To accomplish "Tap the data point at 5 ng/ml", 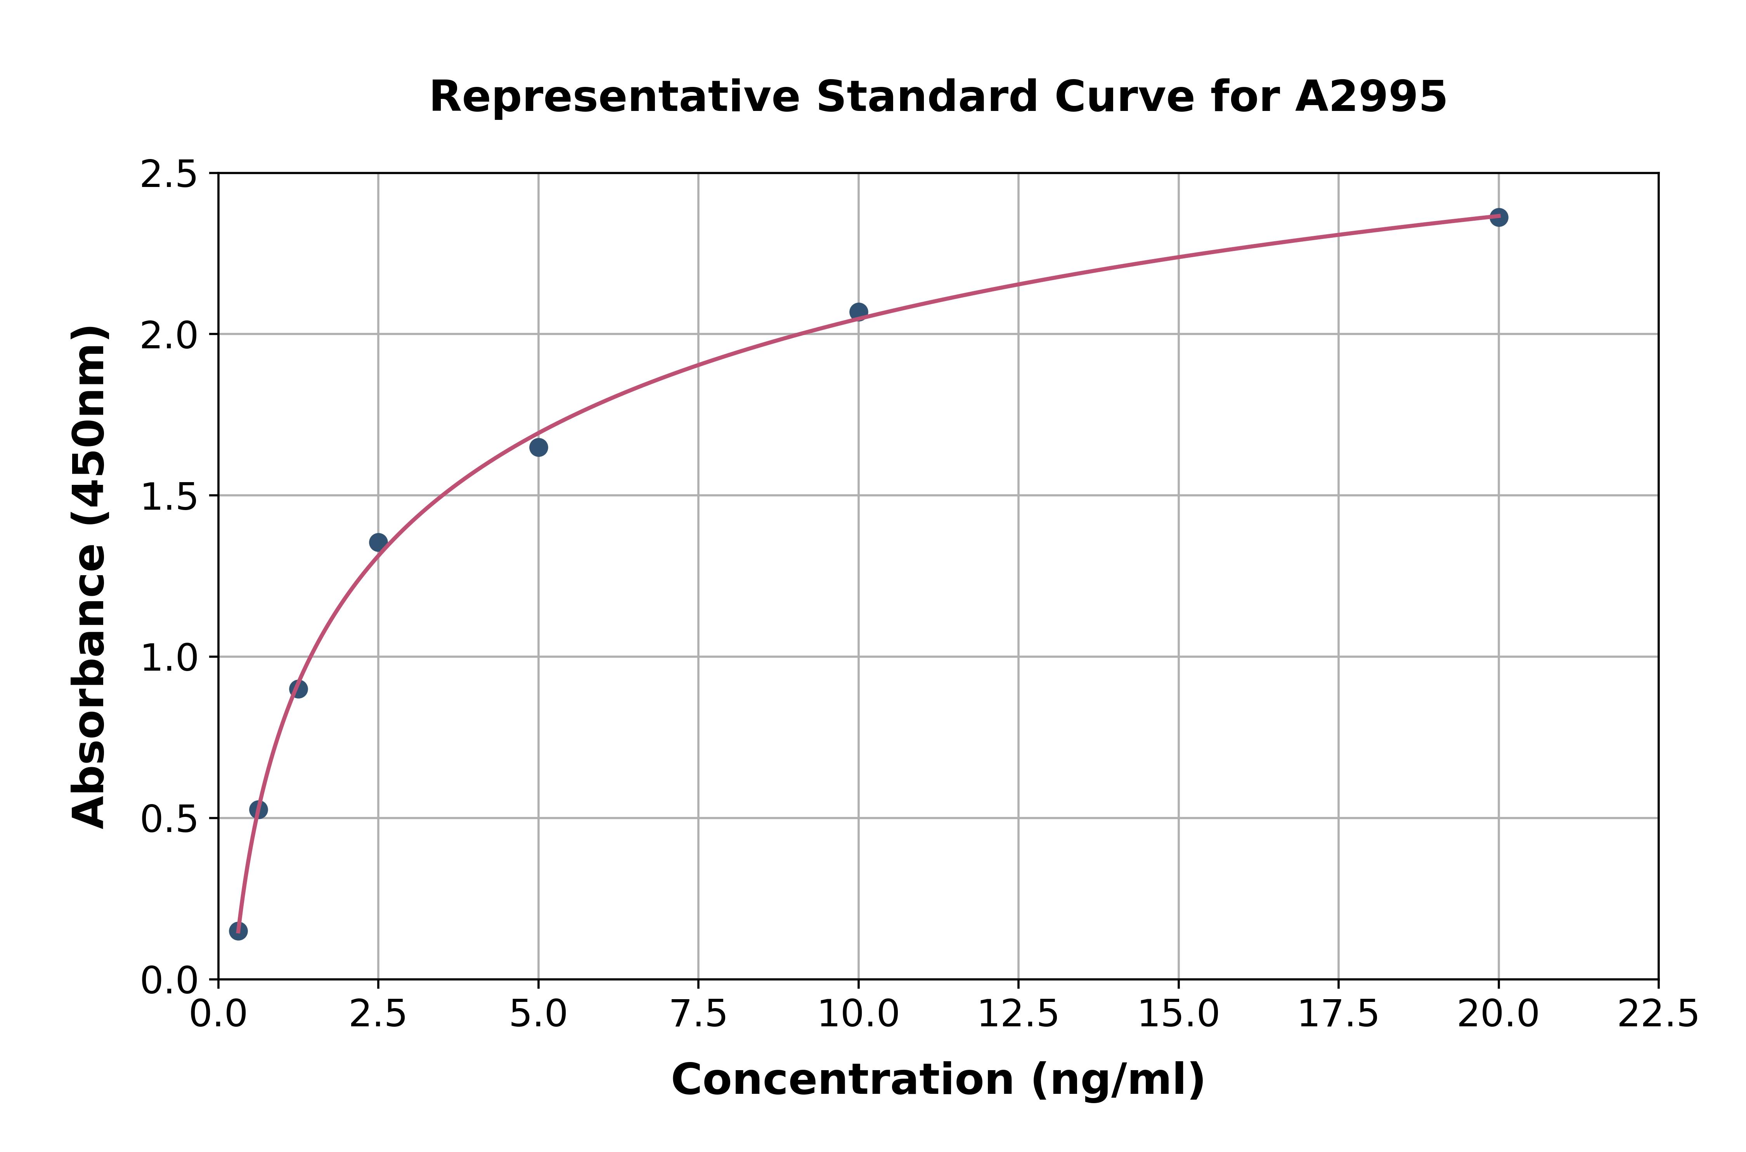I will pyautogui.click(x=538, y=448).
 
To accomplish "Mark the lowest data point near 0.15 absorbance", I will pyautogui.click(x=238, y=931).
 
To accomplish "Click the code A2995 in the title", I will pyautogui.click(x=1370, y=97).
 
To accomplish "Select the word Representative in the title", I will pyautogui.click(x=614, y=97).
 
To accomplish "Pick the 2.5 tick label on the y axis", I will pyautogui.click(x=168, y=175).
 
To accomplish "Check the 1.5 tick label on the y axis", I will pyautogui.click(x=168, y=496).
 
